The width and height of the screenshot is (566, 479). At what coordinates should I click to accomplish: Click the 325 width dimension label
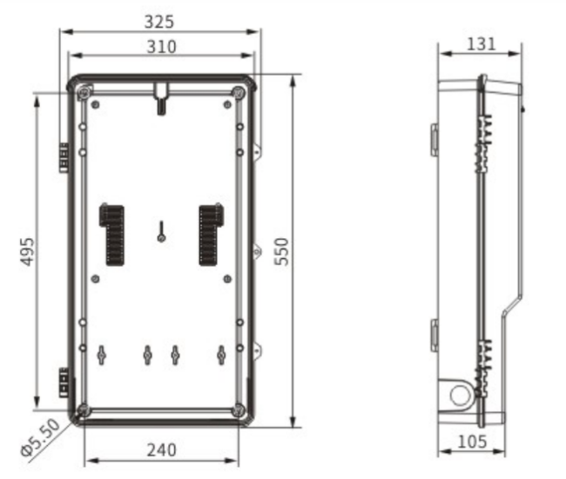tap(159, 22)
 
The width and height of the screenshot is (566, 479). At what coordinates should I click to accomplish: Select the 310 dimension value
tap(162, 47)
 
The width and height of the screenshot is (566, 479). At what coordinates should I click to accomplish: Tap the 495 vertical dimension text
tap(28, 251)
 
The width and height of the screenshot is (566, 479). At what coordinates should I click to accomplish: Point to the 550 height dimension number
tap(282, 251)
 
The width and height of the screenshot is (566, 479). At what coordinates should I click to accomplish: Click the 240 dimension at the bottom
tap(162, 449)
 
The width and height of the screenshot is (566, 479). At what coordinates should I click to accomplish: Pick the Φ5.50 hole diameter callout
tap(40, 437)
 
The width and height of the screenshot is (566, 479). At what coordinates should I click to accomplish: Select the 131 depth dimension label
tap(482, 44)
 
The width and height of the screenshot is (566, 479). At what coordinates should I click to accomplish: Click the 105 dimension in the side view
tap(472, 442)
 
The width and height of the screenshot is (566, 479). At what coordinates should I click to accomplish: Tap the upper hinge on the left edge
tap(64, 157)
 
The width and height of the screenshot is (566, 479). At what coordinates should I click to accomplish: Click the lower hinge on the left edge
tap(64, 383)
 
